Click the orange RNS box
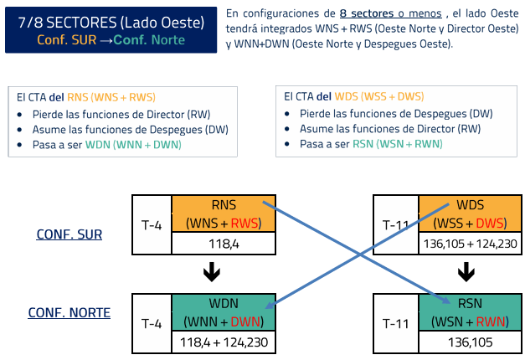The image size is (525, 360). (x=224, y=214)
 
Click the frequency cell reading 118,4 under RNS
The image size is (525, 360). (x=224, y=244)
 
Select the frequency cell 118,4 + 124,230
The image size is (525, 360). (x=224, y=342)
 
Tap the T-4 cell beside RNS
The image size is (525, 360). (x=152, y=224)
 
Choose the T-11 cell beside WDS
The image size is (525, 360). (x=395, y=224)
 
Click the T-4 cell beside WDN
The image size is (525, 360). (x=152, y=322)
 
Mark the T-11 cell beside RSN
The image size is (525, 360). (x=395, y=322)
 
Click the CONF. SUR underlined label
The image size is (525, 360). (x=69, y=234)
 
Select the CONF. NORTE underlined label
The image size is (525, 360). (x=69, y=313)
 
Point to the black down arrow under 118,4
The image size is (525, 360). (x=212, y=273)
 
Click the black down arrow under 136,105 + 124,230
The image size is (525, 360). (x=466, y=273)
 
